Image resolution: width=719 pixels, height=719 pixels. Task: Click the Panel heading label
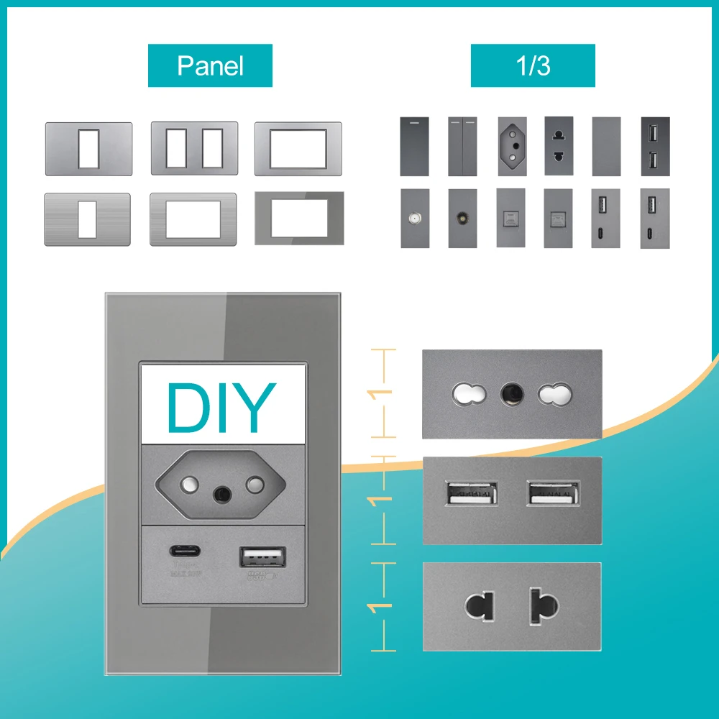[x=210, y=65]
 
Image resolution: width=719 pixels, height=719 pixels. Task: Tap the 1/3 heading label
[x=533, y=65]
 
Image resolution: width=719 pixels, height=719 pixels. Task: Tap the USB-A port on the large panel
[x=262, y=557]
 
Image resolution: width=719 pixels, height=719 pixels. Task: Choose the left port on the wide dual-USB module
[x=471, y=495]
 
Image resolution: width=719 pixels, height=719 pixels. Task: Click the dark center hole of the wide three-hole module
[x=511, y=393]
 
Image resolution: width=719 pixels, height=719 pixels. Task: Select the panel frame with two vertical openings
[x=194, y=149]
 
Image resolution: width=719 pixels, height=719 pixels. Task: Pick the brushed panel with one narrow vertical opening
[x=87, y=219]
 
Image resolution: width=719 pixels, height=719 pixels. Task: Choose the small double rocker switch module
[x=462, y=147]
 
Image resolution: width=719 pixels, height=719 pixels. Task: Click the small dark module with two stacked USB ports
[x=654, y=147]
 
